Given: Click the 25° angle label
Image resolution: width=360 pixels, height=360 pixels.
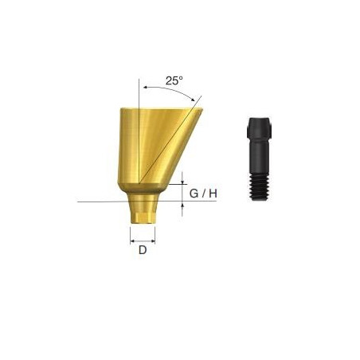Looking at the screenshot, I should tap(174, 80).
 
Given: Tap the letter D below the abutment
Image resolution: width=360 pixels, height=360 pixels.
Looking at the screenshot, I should tap(143, 249).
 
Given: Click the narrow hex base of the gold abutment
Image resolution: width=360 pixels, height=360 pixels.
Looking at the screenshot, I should tap(143, 213).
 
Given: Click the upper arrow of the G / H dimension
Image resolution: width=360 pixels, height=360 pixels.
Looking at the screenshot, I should tap(184, 179).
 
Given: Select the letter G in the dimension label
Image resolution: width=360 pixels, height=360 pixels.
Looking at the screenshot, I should tap(196, 192).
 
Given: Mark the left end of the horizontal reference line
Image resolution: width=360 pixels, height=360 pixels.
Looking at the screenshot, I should tap(79, 202).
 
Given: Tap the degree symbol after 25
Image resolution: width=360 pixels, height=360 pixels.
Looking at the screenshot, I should tap(182, 77).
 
